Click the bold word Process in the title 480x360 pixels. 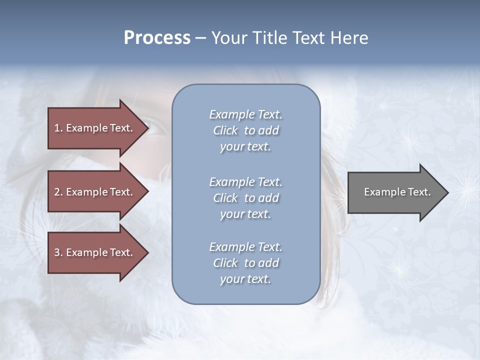pyautogui.click(x=157, y=38)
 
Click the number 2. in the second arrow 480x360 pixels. pyautogui.click(x=58, y=192)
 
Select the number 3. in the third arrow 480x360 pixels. pyautogui.click(x=58, y=252)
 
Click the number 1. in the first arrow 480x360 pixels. pyautogui.click(x=58, y=128)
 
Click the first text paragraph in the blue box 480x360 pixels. pyautogui.click(x=245, y=130)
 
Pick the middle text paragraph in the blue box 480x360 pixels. pyautogui.click(x=245, y=198)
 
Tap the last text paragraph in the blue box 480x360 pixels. pyautogui.click(x=245, y=263)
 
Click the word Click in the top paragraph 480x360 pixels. pyautogui.click(x=225, y=130)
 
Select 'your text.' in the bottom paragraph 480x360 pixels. pyautogui.click(x=245, y=279)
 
